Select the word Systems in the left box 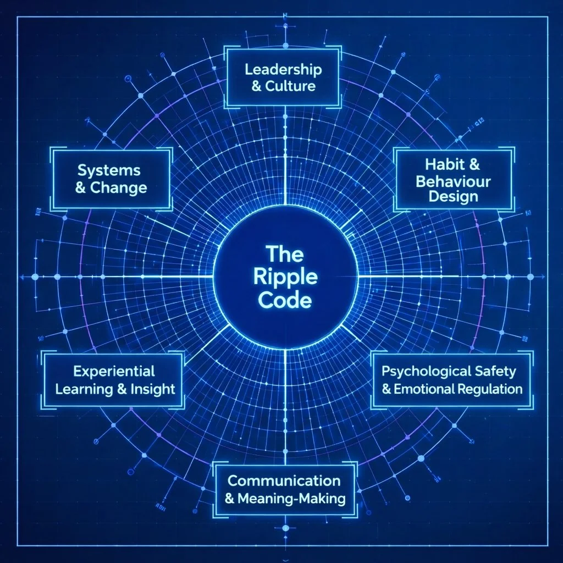tap(109, 170)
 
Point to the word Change tap(118, 187)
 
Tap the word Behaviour tap(453, 180)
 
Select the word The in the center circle tap(285, 254)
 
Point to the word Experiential tap(114, 372)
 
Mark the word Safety tap(496, 371)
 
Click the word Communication tap(284, 481)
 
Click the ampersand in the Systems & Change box tap(80, 188)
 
